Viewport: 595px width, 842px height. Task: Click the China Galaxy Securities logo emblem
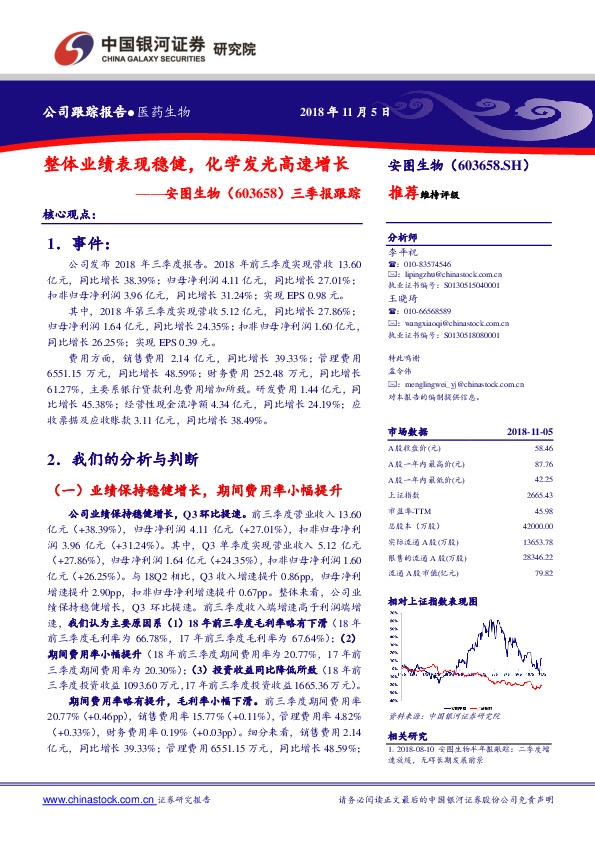point(71,48)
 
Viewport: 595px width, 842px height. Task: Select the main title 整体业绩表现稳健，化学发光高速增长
point(196,163)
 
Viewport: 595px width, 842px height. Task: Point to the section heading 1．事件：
point(77,244)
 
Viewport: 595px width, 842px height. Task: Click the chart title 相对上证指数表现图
point(431,600)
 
